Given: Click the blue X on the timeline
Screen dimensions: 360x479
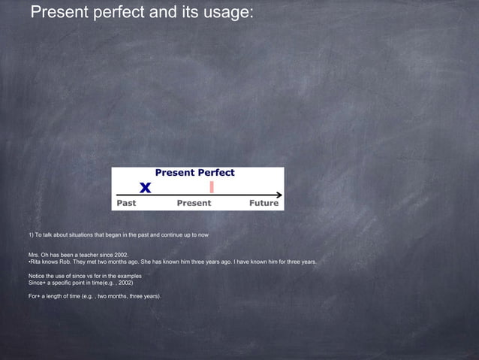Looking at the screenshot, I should click(x=145, y=187).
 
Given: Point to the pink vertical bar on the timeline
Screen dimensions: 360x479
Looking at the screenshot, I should click(x=212, y=186).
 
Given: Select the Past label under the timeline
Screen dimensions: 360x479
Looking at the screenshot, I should click(x=125, y=203).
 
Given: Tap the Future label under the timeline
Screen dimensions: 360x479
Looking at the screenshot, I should click(x=264, y=203).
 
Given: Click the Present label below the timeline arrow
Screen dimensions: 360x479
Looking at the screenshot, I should click(x=194, y=203).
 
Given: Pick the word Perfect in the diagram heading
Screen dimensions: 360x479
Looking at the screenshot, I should click(x=216, y=173).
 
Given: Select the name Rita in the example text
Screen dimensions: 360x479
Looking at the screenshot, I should click(x=35, y=262).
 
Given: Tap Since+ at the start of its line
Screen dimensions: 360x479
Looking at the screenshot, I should click(x=37, y=283).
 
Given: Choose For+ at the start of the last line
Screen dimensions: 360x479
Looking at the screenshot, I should click(x=34, y=296).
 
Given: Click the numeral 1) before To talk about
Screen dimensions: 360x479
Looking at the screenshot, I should click(x=30, y=235).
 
